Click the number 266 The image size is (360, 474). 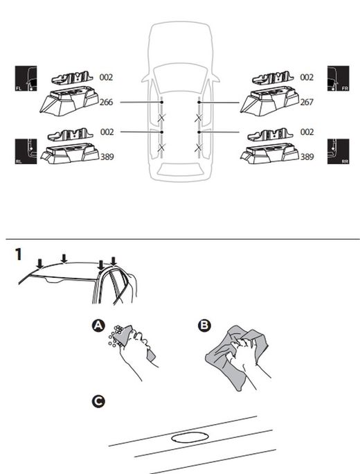coord(107,103)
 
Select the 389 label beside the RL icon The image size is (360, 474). coord(107,157)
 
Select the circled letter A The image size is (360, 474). coord(100,325)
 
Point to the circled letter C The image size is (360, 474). coord(100,401)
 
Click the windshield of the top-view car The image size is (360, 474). coord(179,75)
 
